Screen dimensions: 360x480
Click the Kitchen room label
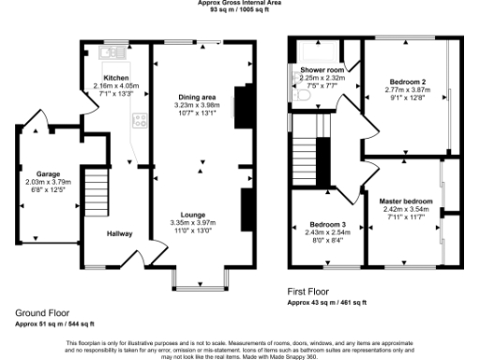(x=115, y=78)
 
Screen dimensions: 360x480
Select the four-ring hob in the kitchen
(x=141, y=120)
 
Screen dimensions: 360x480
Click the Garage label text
(x=48, y=174)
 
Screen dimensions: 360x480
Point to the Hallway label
(x=118, y=233)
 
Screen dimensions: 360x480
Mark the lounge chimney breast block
(x=246, y=206)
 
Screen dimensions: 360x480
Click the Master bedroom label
(x=405, y=201)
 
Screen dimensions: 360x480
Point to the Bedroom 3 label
(x=329, y=226)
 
